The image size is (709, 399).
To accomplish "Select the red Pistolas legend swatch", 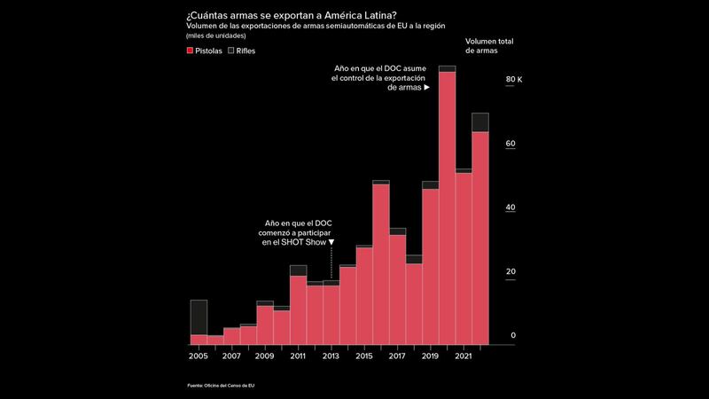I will click(x=190, y=51).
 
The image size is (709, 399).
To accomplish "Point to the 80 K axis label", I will click(x=514, y=80).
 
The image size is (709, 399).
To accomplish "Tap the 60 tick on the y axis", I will click(x=510, y=144).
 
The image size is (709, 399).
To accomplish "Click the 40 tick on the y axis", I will click(x=510, y=207).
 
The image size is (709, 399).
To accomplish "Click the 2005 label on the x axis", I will click(x=199, y=356).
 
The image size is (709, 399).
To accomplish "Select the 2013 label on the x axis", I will click(x=331, y=356).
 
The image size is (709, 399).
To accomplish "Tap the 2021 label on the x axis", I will click(x=463, y=356).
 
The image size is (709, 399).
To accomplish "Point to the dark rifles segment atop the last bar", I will click(x=480, y=122).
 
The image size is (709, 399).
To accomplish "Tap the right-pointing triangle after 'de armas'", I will click(x=426, y=89).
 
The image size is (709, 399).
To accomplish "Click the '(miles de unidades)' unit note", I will click(x=216, y=35).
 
